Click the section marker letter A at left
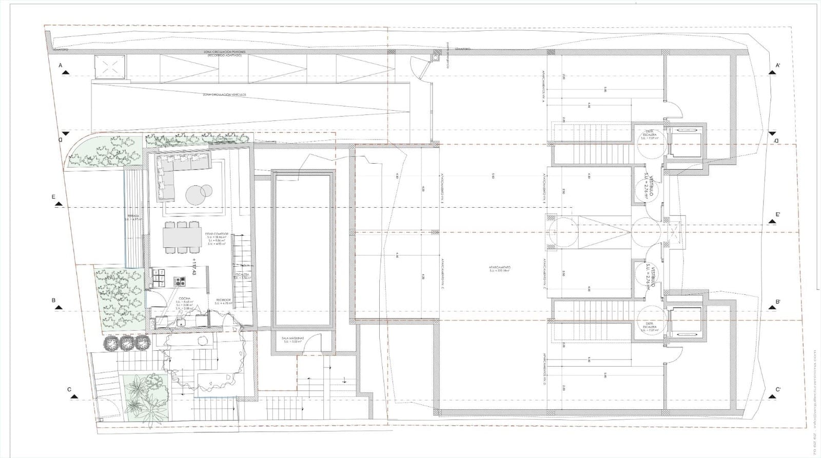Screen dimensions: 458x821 [x=60, y=66]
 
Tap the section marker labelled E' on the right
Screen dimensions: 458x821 [x=778, y=214]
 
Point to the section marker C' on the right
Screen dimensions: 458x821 [x=778, y=390]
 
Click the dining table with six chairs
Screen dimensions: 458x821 [x=182, y=237]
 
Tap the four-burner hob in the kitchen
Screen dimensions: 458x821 [x=181, y=281]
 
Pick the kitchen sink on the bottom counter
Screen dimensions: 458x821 [x=181, y=323]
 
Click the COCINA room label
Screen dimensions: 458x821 [x=185, y=298]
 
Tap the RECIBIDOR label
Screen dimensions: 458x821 [x=223, y=300]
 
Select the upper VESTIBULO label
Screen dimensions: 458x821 [x=650, y=187]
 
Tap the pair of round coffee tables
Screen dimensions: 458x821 [x=199, y=193]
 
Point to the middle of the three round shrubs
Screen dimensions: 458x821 [x=126, y=343]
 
